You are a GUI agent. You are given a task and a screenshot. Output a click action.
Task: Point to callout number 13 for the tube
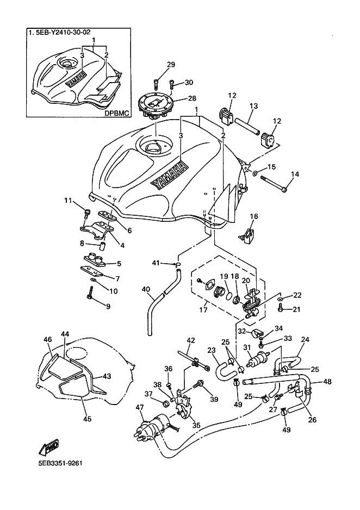(253, 107)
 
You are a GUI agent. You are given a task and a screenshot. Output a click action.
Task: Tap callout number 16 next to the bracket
(253, 216)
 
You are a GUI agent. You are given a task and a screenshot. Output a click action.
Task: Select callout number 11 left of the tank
(68, 201)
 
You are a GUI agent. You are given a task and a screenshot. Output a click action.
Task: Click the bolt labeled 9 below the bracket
(90, 297)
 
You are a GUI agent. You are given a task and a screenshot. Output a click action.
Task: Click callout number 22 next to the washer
(297, 295)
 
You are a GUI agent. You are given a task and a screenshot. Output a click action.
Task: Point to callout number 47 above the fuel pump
(140, 407)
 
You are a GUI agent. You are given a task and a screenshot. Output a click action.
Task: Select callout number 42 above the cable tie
(190, 341)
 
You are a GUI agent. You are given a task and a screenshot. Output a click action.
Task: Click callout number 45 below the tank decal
(87, 419)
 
